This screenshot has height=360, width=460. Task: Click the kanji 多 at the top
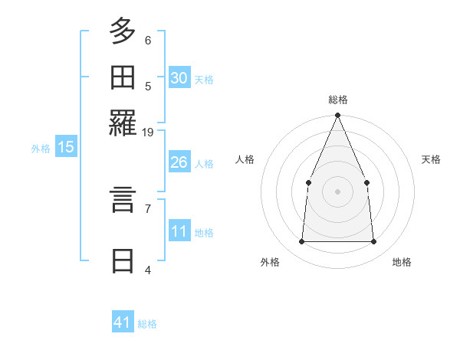[123, 32]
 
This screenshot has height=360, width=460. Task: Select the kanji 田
[123, 78]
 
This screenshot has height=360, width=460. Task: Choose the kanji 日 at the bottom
[123, 260]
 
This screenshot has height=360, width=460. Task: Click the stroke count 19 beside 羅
[148, 132]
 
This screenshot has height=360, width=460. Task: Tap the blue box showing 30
[179, 78]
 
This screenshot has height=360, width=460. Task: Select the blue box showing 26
[179, 162]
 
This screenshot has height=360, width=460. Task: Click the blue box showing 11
[179, 231]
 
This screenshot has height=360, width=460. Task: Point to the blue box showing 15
[65, 147]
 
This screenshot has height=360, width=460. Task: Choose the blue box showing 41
[123, 322]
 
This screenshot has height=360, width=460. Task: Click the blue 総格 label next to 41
[147, 324]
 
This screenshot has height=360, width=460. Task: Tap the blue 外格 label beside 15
[41, 149]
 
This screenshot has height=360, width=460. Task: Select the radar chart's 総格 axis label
[337, 100]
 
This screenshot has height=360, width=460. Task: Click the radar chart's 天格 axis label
[431, 159]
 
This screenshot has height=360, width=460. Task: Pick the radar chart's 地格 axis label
[402, 262]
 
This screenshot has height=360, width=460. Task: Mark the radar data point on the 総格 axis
[337, 116]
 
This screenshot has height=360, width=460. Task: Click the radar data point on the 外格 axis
[301, 241]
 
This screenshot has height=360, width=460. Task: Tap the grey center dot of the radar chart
[337, 191]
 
